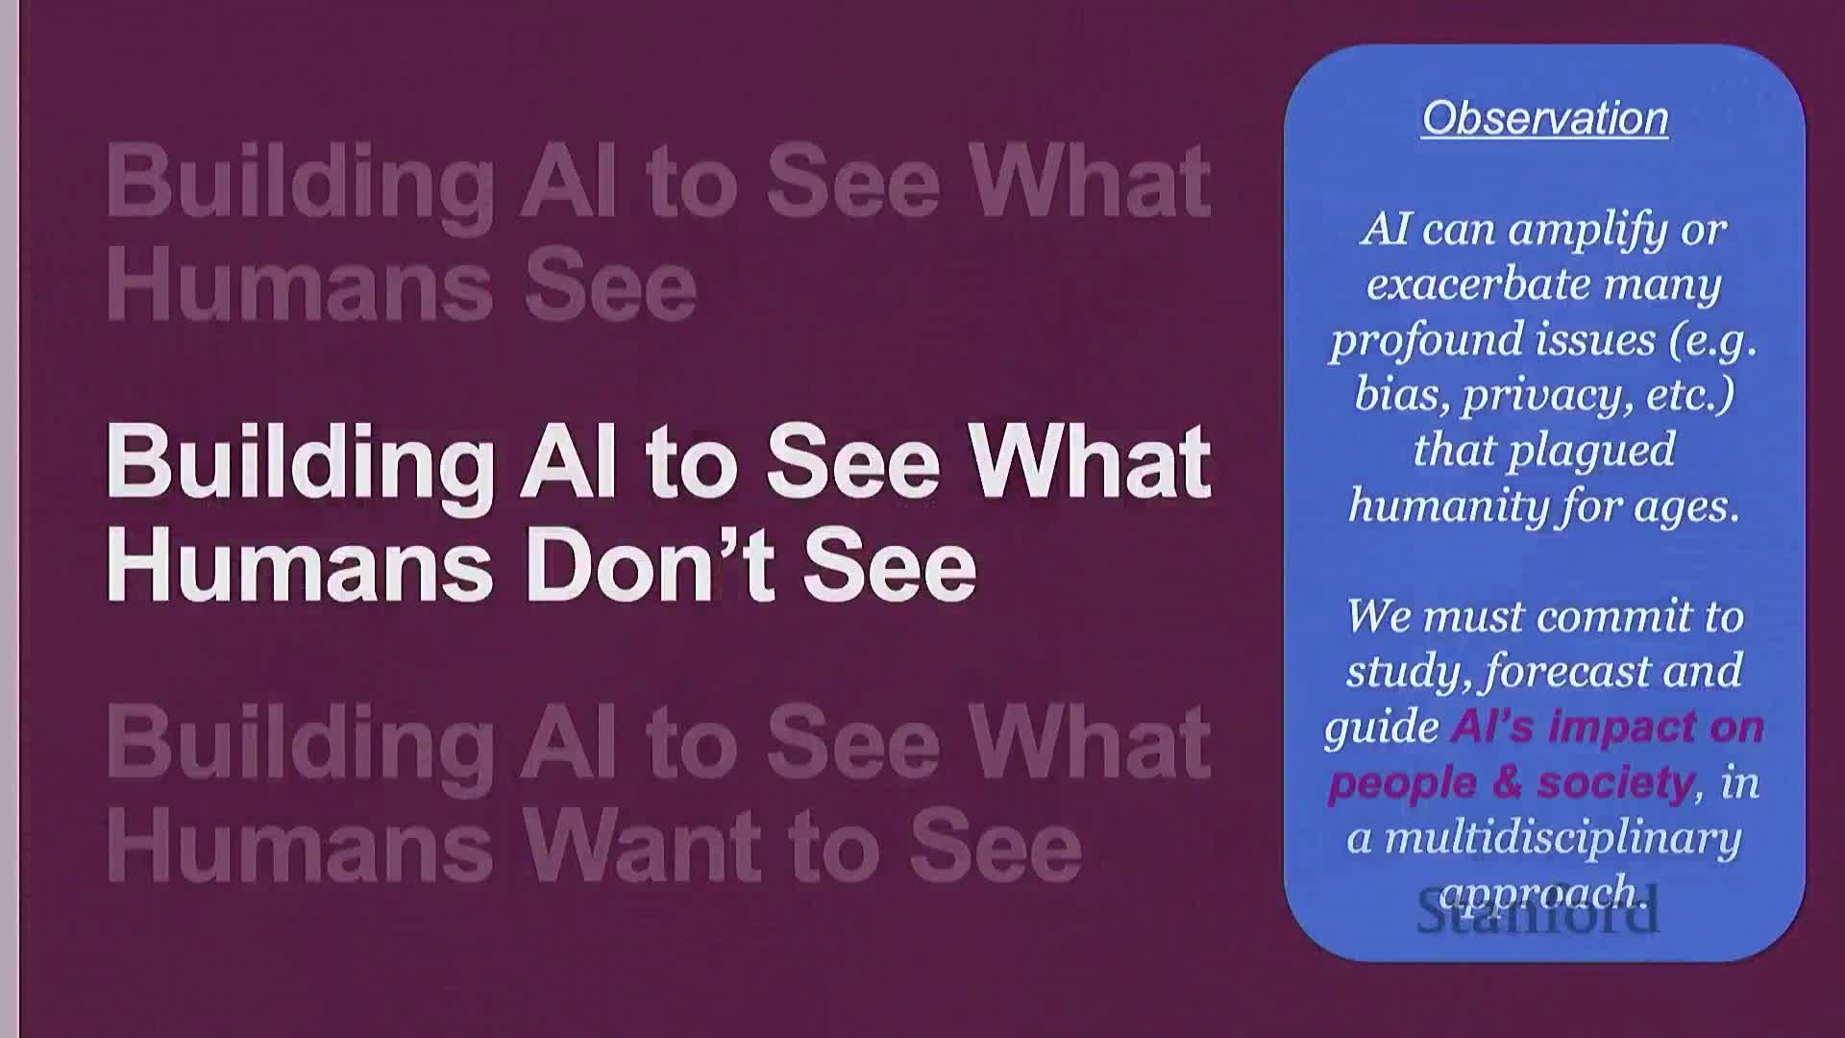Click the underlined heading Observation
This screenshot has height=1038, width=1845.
1544,118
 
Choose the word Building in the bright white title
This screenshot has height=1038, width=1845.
300,463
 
